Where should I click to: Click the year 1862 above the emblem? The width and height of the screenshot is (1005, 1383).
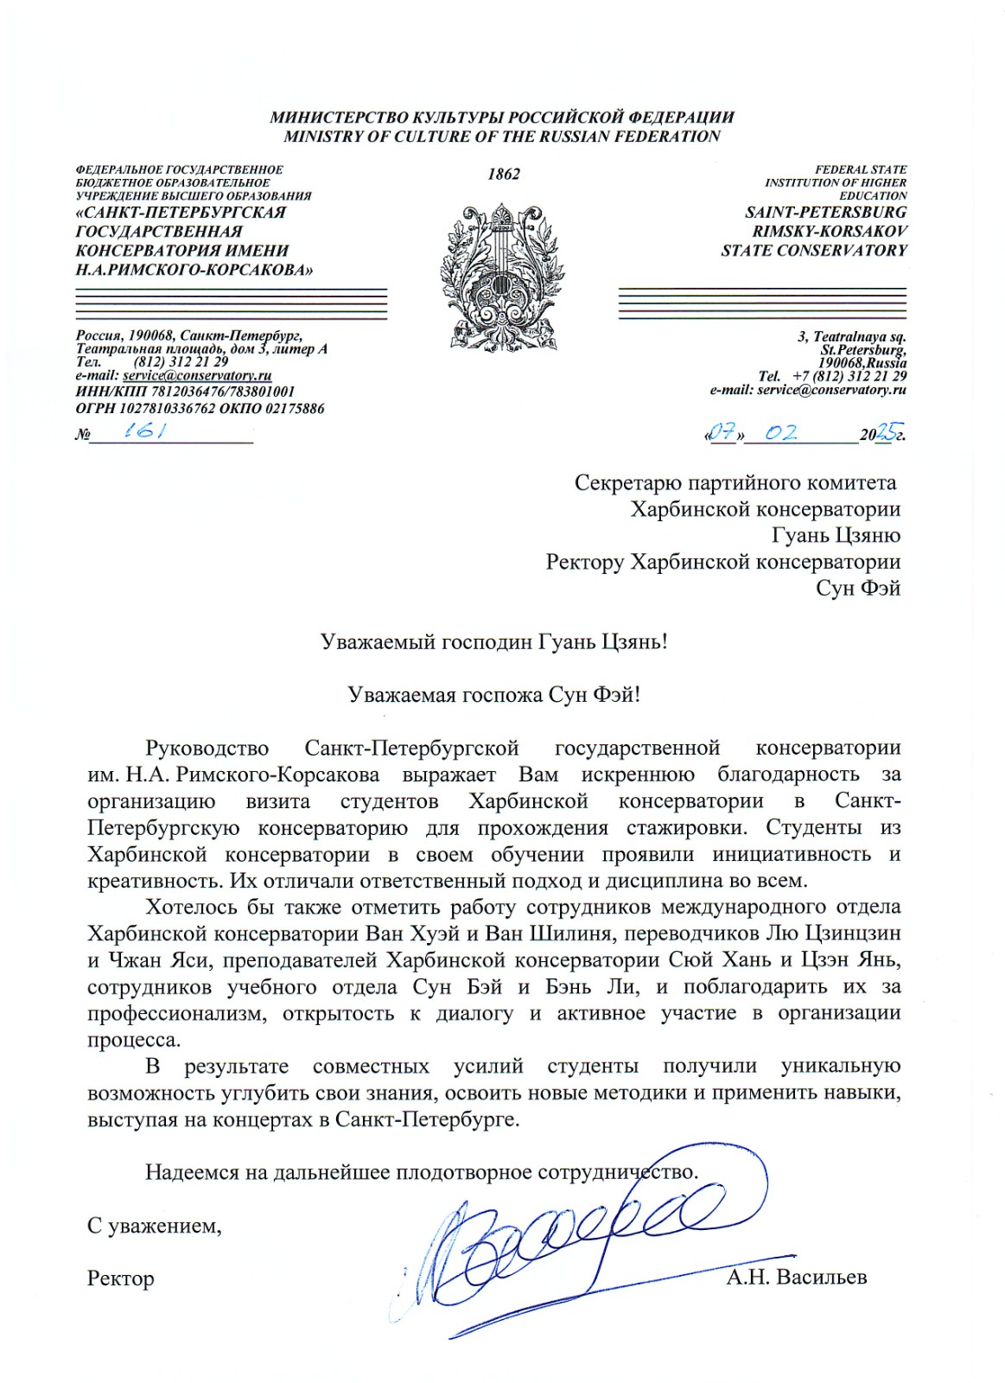pos(503,175)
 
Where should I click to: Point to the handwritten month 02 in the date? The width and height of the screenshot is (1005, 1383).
pos(780,433)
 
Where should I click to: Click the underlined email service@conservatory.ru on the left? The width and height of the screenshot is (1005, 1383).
pos(197,376)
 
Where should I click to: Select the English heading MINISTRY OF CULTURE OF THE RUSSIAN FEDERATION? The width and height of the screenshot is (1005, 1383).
pos(502,137)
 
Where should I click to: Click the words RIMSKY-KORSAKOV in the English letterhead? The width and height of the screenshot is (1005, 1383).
pos(829,232)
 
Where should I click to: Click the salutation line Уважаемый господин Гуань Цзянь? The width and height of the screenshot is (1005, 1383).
pos(493,642)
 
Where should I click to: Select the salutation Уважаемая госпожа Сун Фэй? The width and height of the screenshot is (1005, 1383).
pos(493,695)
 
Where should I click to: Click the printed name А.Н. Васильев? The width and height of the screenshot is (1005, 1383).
pos(796,1277)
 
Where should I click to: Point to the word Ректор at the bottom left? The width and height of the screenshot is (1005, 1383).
pos(121,1278)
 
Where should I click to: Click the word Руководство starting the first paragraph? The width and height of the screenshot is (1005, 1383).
pos(207,749)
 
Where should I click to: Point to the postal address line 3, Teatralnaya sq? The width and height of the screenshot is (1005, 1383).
pos(851,337)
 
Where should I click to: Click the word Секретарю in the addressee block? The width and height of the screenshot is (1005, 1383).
pos(628,483)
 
